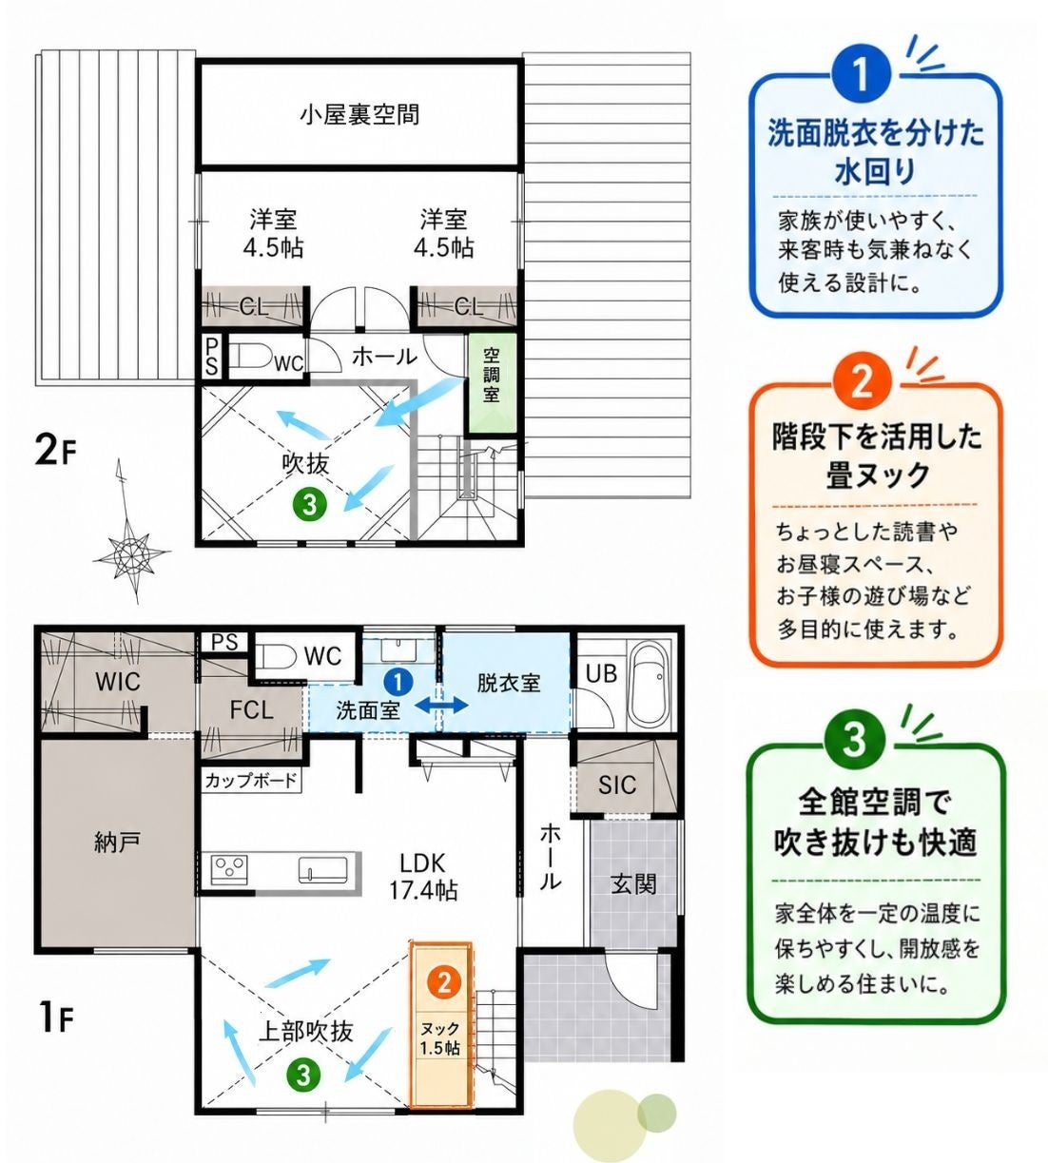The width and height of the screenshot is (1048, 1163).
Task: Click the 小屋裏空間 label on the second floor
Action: pos(359,115)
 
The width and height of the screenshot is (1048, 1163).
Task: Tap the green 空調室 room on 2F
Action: pos(492,382)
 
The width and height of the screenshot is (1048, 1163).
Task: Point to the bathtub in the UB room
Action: pos(648,685)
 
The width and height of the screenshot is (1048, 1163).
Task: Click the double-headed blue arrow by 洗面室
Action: pos(441,706)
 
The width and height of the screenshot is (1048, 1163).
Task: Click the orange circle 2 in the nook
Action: pos(444,982)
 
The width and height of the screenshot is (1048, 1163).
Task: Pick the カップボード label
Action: pos(250,781)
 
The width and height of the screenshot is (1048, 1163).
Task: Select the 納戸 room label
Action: pos(117,842)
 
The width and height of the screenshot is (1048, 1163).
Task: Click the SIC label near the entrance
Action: pos(617,785)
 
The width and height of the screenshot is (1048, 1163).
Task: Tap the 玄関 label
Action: pos(633,884)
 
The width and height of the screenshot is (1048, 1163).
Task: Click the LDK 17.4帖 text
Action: pos(423,877)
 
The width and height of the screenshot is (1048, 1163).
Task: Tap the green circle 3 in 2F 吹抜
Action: pos(310,503)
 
